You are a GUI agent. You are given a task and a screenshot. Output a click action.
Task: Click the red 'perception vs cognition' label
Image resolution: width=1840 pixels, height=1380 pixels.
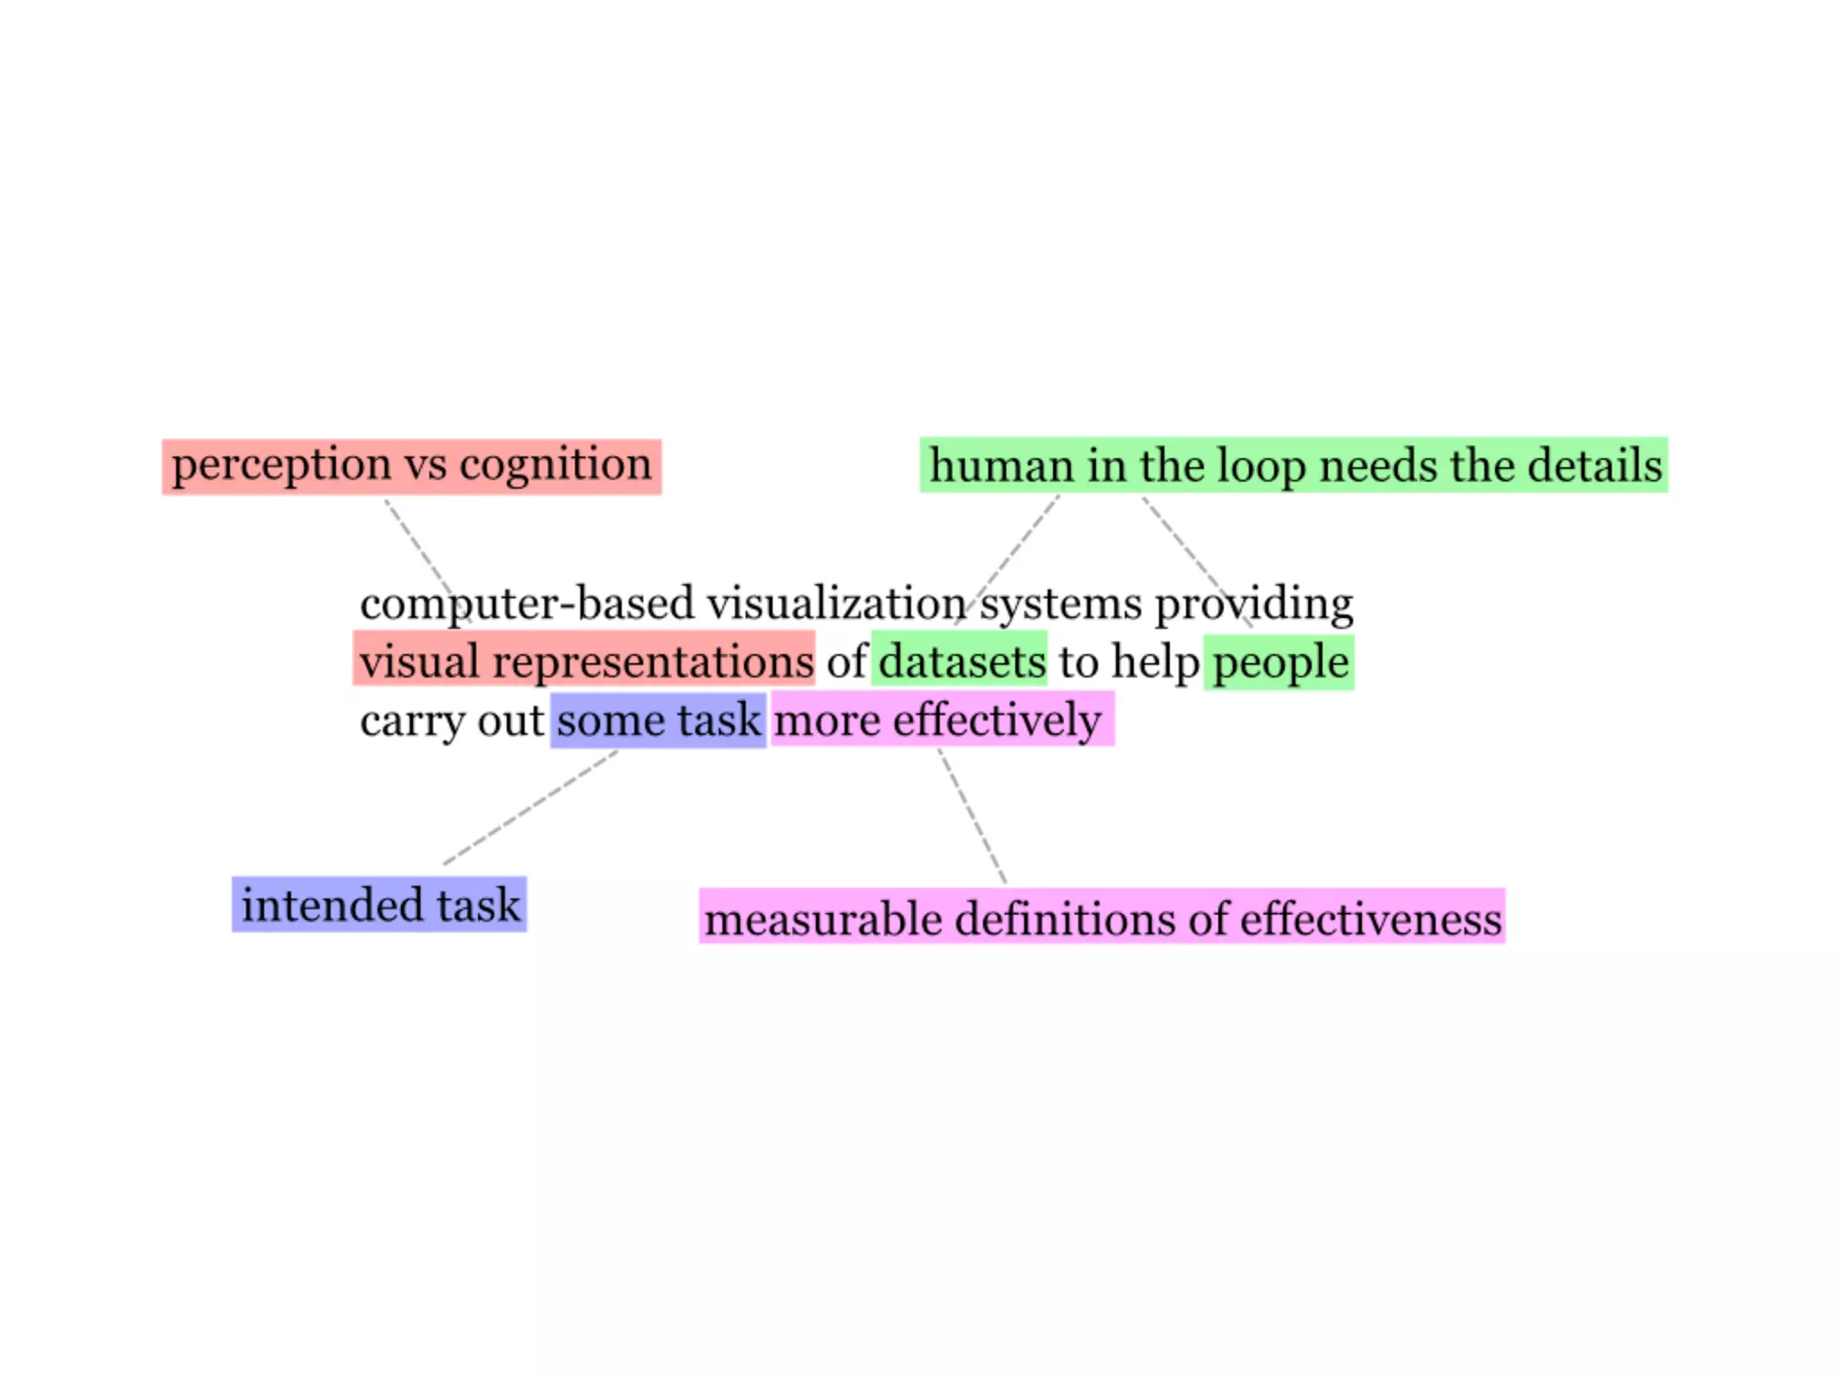coord(411,466)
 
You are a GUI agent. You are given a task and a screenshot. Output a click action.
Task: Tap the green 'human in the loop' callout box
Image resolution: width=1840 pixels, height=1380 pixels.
coord(1294,465)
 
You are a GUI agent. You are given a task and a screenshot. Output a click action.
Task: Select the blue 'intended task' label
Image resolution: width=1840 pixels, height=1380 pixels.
coord(379,905)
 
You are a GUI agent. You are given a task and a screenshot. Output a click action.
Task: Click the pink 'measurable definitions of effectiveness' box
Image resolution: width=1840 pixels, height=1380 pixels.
coord(1101,917)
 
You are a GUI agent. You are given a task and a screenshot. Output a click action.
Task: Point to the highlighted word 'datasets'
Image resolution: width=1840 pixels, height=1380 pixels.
coord(960,661)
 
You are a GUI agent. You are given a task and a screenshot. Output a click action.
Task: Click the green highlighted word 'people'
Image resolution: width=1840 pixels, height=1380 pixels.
coord(1279,662)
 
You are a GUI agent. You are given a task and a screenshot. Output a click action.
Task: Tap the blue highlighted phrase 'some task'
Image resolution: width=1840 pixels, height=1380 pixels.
coord(659,721)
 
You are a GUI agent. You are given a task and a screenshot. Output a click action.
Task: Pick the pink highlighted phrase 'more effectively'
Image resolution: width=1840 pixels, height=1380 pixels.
coord(940,721)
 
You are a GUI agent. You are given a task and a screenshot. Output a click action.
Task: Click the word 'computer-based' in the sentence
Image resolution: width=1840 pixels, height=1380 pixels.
coord(526,604)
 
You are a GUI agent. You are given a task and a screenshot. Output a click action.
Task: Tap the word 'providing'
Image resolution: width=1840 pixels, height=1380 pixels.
coord(1254,604)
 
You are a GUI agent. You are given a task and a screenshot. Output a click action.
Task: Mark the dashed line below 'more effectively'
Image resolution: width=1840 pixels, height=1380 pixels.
coord(973,816)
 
